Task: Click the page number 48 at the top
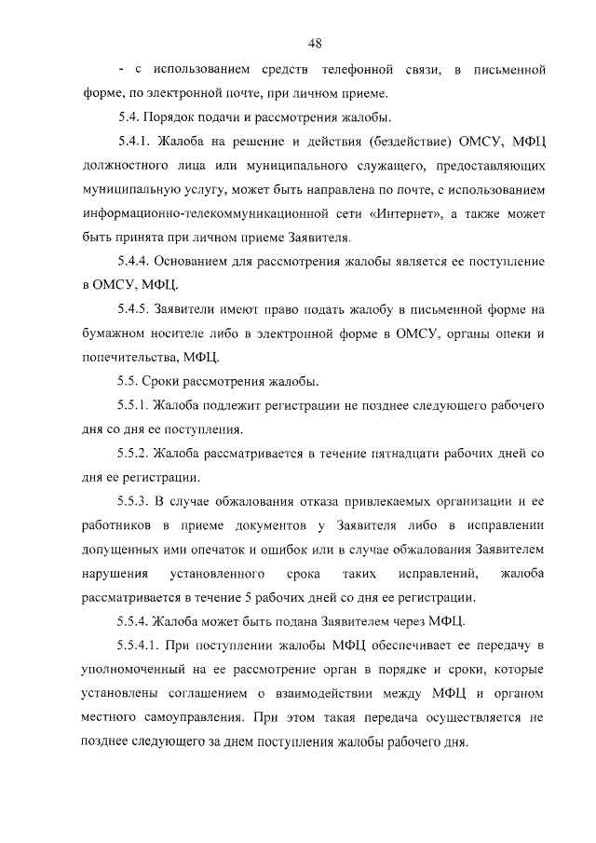(315, 43)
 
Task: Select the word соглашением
(184, 694)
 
